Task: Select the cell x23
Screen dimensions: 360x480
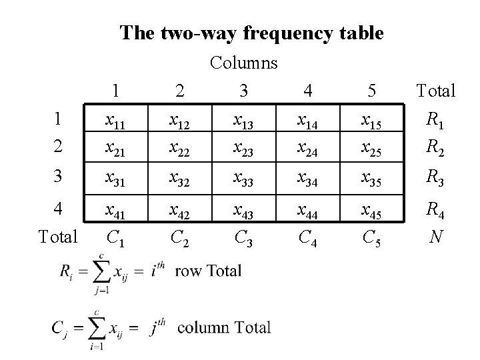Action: (x=243, y=149)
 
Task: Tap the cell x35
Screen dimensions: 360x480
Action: (x=370, y=178)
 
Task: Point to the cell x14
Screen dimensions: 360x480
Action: (x=307, y=120)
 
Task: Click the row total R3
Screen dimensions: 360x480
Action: (x=436, y=178)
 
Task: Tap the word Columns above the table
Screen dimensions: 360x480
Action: (x=244, y=63)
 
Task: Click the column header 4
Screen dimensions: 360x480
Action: (x=307, y=91)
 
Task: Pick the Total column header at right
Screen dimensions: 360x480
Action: (x=436, y=91)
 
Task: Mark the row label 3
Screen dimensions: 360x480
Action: (x=59, y=178)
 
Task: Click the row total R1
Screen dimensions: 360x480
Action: (x=436, y=120)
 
